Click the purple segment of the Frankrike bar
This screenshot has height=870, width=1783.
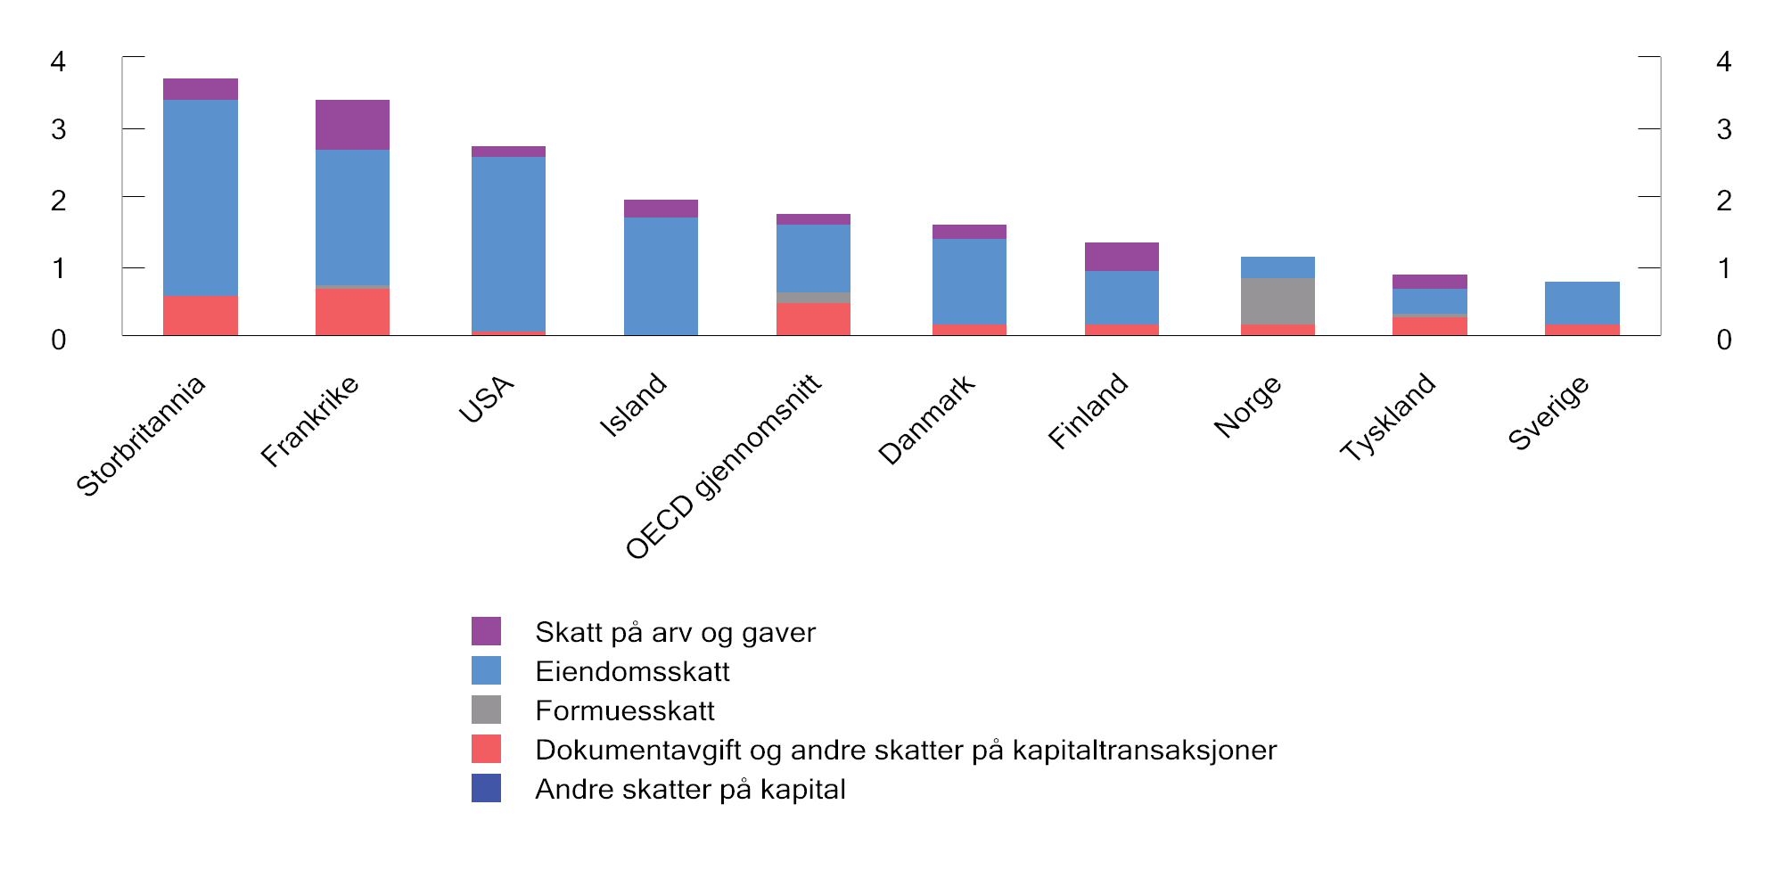pyautogui.click(x=352, y=125)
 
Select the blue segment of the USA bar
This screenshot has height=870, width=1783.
pyautogui.click(x=508, y=243)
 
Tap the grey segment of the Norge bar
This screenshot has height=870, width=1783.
pyautogui.click(x=1278, y=301)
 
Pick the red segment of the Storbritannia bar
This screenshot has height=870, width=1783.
pyautogui.click(x=201, y=316)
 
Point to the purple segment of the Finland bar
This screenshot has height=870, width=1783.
pyautogui.click(x=1122, y=257)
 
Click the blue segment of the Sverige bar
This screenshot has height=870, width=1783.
pyautogui.click(x=1582, y=303)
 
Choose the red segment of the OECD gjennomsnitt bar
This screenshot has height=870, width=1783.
pyautogui.click(x=813, y=319)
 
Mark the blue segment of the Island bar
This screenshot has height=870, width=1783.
pyautogui.click(x=661, y=276)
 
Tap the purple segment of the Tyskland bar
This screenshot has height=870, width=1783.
pyautogui.click(x=1429, y=282)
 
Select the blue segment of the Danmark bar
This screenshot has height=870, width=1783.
pyautogui.click(x=969, y=282)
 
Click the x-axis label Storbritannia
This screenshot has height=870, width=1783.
pyautogui.click(x=141, y=436)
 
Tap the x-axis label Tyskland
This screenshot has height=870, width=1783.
pyautogui.click(x=1388, y=416)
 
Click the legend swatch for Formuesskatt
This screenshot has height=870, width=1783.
pyautogui.click(x=486, y=710)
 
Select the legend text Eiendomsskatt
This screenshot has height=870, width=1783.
pyautogui.click(x=632, y=671)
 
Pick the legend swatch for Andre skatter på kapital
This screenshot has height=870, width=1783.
pyautogui.click(x=486, y=789)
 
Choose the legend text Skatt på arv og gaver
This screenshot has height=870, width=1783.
pyautogui.click(x=675, y=632)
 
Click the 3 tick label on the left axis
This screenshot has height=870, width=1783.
pyautogui.click(x=59, y=130)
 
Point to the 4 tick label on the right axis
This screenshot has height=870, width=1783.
pyautogui.click(x=1723, y=62)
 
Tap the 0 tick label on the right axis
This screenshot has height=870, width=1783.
pyautogui.click(x=1723, y=340)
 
